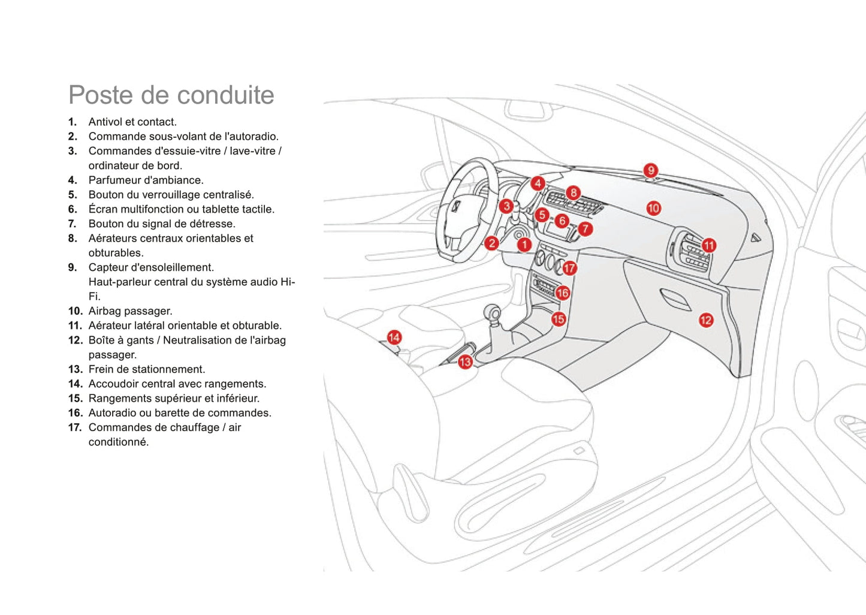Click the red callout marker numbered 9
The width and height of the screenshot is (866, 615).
pos(650,170)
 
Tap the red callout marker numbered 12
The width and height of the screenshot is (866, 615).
pos(706,320)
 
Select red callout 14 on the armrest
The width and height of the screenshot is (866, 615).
pos(394,337)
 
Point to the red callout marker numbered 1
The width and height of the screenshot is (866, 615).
pos(524,244)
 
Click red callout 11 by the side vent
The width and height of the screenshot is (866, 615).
pos(709,245)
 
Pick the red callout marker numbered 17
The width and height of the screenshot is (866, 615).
pos(569,268)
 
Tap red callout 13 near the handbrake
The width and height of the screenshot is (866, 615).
pos(465,362)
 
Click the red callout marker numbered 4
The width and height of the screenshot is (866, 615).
pos(538,183)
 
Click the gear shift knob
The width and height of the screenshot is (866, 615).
pos(492,312)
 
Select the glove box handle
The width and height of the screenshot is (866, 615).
pos(675,299)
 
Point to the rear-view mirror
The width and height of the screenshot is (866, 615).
pos(528,110)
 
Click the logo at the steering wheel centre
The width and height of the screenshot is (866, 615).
pos(456,207)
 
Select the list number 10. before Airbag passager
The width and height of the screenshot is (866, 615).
pos(75,311)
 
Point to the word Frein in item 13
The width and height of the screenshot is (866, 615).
pos(101,369)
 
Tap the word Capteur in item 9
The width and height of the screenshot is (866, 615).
pos(108,267)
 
